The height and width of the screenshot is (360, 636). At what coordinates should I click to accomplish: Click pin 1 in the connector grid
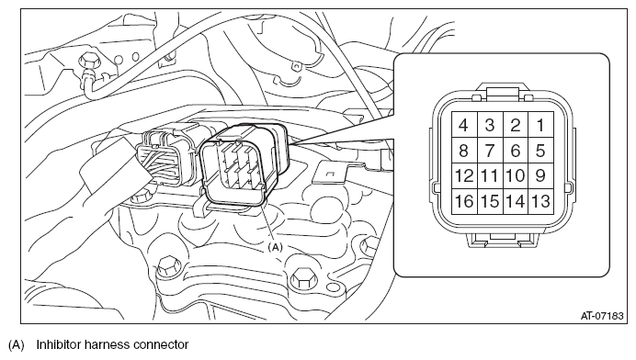click(x=541, y=125)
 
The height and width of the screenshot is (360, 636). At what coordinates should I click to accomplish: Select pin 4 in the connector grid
click(x=464, y=125)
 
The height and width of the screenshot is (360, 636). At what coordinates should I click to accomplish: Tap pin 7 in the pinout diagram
click(x=490, y=151)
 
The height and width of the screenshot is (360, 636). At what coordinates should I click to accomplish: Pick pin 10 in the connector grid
click(x=516, y=176)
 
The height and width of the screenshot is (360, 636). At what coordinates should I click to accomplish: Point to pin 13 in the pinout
click(x=541, y=201)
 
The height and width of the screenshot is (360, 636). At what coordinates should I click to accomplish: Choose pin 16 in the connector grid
click(x=464, y=201)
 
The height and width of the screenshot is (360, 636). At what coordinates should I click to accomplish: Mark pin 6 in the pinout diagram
click(x=516, y=151)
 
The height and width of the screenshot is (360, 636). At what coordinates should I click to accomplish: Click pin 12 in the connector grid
click(x=464, y=176)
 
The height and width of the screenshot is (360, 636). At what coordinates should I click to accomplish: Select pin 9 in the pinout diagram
click(x=541, y=176)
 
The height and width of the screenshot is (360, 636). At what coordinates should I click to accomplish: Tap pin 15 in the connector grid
click(x=490, y=201)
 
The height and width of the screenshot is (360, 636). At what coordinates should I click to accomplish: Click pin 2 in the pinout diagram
click(x=516, y=125)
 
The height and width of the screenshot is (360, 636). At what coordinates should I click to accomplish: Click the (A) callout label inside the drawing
click(x=275, y=247)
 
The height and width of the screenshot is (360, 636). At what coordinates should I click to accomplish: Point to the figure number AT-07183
click(x=602, y=315)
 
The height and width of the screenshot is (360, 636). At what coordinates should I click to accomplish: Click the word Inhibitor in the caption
click(x=57, y=344)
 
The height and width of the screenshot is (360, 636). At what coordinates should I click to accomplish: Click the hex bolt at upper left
click(x=87, y=62)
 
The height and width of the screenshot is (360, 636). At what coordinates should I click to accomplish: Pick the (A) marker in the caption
click(x=17, y=345)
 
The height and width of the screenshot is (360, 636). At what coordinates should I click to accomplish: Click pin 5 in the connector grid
click(x=541, y=151)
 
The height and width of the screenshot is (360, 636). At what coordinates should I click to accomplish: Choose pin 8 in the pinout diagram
click(x=464, y=151)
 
